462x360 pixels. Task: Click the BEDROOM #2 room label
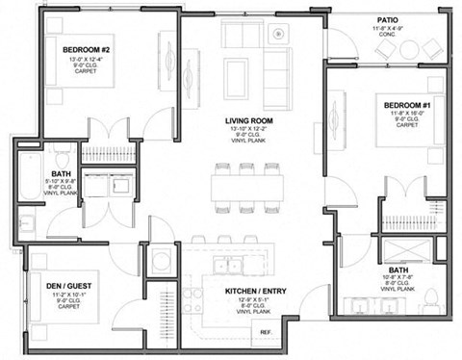pos(88,49)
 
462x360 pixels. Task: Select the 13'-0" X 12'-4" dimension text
pos(88,61)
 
